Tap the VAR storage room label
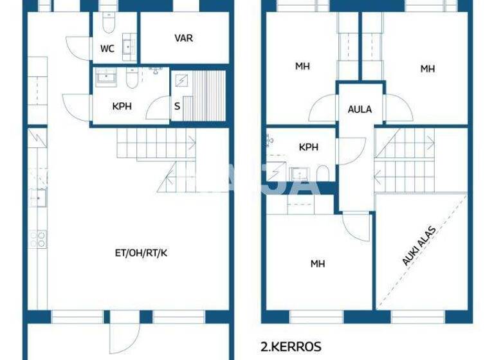pyautogui.click(x=183, y=38)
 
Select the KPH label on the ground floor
pyautogui.click(x=122, y=106)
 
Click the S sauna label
pyautogui.click(x=177, y=106)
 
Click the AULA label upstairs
pyautogui.click(x=360, y=109)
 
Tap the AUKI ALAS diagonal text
pyautogui.click(x=419, y=246)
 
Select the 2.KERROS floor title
pyautogui.click(x=291, y=346)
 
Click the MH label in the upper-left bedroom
pyautogui.click(x=302, y=66)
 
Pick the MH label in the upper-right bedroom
pyautogui.click(x=428, y=69)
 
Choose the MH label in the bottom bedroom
pyautogui.click(x=318, y=264)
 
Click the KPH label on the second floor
pyautogui.click(x=308, y=147)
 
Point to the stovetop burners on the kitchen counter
pyautogui.click(x=37, y=239)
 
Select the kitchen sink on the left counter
pyautogui.click(x=39, y=196)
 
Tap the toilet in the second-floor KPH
pyautogui.click(x=322, y=174)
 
